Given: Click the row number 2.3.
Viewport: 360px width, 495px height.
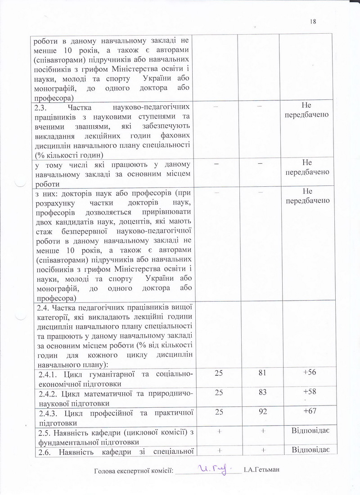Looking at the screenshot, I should click(41, 108).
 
